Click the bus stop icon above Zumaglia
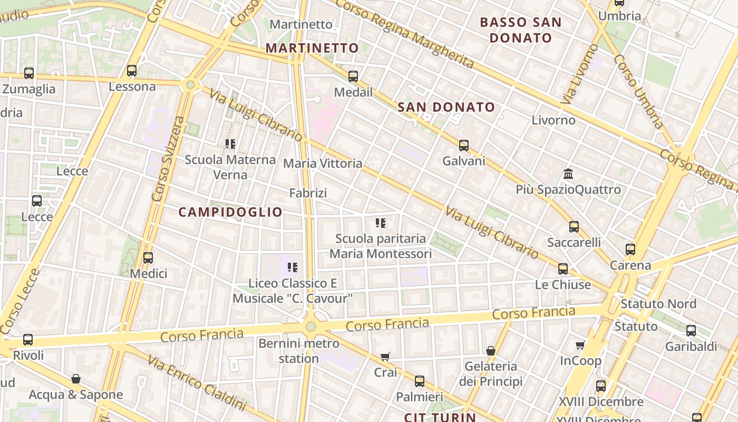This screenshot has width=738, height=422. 29,73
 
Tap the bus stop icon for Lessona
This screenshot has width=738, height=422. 132,71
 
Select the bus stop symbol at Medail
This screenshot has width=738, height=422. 353,76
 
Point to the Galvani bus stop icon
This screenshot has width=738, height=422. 464,146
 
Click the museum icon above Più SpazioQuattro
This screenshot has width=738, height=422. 568,174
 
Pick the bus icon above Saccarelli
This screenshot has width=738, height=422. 574,227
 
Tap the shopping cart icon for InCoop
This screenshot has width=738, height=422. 580,345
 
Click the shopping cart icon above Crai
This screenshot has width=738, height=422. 385,357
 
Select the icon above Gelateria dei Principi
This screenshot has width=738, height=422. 491,351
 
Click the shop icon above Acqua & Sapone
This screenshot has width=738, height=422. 76,379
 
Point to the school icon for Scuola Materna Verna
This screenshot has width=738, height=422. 230,143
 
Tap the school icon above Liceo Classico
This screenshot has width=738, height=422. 293,267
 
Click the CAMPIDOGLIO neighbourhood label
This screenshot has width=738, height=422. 230,212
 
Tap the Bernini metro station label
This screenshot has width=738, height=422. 299,351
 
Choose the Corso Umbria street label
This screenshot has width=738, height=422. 638,91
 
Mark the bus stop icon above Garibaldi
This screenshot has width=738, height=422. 691,331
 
